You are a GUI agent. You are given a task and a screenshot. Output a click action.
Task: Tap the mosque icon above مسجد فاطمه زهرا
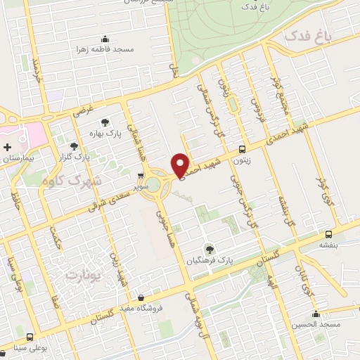point(105,39)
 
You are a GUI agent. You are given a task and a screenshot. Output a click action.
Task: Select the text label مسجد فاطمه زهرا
point(105,50)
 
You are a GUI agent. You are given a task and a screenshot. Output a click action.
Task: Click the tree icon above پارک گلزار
point(74,146)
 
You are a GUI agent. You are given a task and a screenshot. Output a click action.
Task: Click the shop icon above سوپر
point(141,176)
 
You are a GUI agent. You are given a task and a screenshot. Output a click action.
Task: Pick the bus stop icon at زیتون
point(243,149)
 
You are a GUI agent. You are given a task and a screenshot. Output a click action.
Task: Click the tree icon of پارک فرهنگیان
point(208,248)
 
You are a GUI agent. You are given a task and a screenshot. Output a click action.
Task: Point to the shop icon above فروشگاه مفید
point(142,297)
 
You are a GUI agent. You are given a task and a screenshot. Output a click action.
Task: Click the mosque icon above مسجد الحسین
point(316,314)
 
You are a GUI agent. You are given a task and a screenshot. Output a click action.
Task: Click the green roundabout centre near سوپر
point(153,184)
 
